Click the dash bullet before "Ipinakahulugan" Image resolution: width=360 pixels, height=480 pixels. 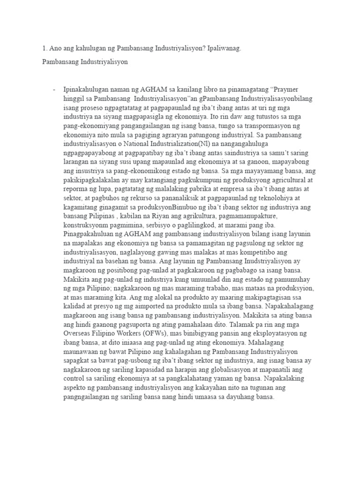55,90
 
